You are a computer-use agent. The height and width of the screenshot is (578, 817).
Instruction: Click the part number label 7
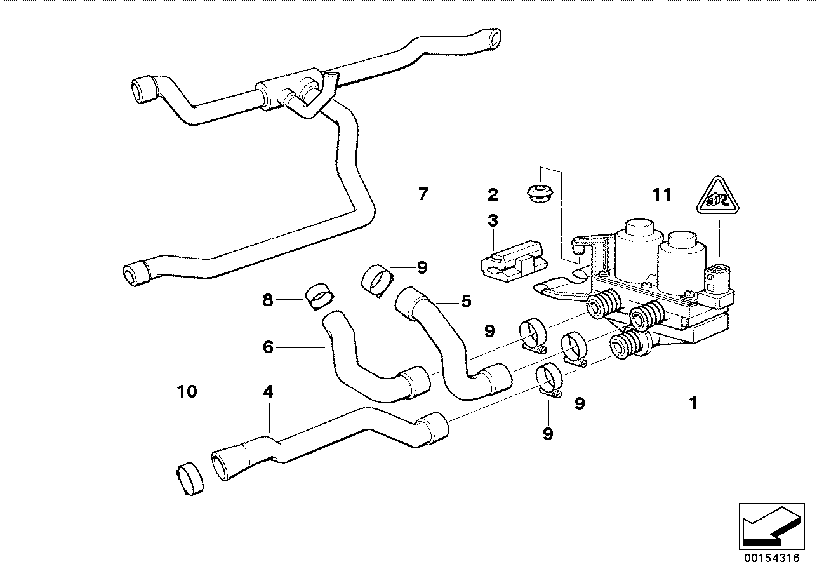tap(423, 194)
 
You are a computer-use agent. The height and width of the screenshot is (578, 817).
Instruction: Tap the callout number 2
tap(493, 194)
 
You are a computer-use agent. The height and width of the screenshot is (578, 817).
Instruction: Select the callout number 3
tap(493, 222)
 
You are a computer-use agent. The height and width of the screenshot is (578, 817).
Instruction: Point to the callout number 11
tap(662, 194)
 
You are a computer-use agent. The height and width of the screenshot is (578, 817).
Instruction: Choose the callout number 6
tap(268, 347)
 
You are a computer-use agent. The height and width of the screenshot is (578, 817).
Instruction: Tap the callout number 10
tap(187, 391)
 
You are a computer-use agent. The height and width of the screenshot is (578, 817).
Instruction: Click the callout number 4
tap(268, 392)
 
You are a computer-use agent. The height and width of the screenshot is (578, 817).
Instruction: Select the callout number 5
tap(467, 301)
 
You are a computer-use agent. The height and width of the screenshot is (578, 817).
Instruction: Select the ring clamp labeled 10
tap(188, 479)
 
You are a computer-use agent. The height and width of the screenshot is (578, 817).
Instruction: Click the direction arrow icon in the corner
tap(769, 524)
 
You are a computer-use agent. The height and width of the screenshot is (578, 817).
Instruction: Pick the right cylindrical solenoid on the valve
tap(682, 262)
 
